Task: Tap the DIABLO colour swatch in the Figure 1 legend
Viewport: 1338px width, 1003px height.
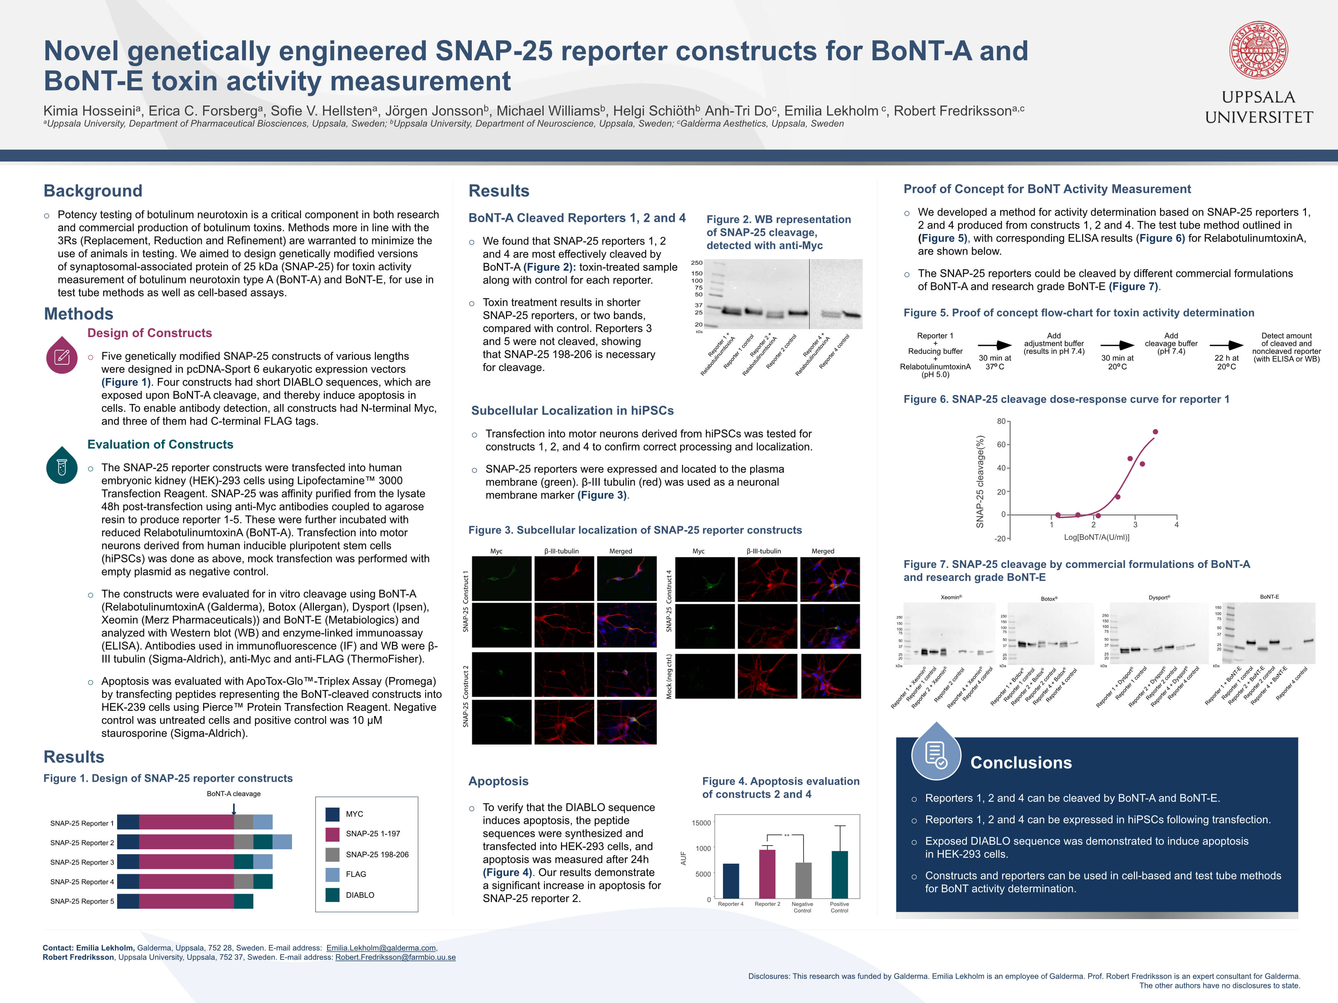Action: coord(332,895)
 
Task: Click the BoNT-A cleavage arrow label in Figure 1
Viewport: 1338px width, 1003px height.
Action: coord(233,794)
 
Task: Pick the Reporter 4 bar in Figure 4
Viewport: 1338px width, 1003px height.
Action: coord(731,881)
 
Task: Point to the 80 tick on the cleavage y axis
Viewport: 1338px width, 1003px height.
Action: coord(1001,421)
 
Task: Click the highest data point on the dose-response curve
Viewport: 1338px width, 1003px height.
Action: coord(1155,431)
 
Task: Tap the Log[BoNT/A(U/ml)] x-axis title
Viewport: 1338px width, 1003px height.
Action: coord(1097,537)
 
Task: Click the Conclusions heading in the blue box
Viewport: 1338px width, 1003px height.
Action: coord(1021,763)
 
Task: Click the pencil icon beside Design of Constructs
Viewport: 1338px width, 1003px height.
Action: coord(62,356)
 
